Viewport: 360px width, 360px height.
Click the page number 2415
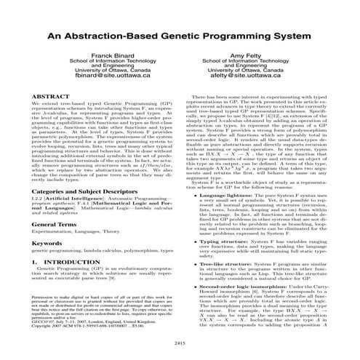tap(180, 343)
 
